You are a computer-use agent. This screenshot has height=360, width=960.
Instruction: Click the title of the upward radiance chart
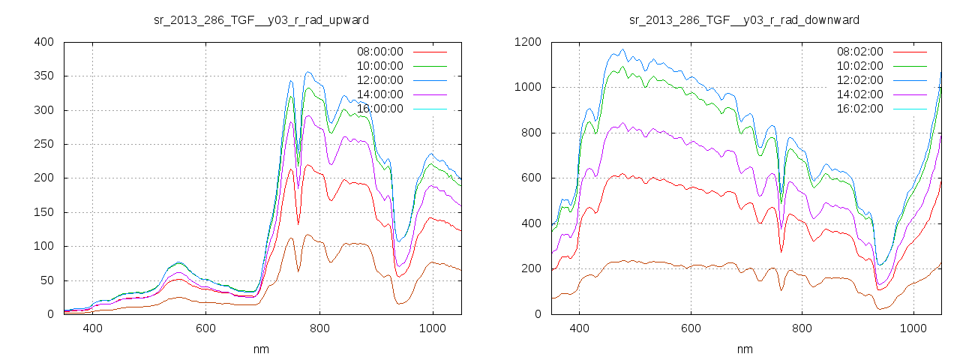pyautogui.click(x=261, y=19)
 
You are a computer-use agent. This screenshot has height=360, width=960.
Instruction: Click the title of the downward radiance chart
pyautogui.click(x=744, y=19)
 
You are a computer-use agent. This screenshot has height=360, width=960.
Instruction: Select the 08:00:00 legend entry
pyautogui.click(x=379, y=52)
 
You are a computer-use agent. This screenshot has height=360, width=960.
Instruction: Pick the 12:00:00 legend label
pyautogui.click(x=379, y=80)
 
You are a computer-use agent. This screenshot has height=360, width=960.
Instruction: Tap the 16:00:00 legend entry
pyautogui.click(x=379, y=109)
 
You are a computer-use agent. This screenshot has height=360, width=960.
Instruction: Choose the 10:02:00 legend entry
pyautogui.click(x=860, y=66)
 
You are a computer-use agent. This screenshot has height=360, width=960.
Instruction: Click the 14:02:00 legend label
pyautogui.click(x=860, y=94)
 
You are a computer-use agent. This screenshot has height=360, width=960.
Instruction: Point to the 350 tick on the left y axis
pyautogui.click(x=43, y=76)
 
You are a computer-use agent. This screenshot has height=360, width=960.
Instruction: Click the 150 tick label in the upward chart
pyautogui.click(x=43, y=212)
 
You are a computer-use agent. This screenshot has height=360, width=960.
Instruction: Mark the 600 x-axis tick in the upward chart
pyautogui.click(x=206, y=328)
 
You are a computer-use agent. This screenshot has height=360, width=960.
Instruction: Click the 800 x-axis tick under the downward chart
pyautogui.click(x=802, y=328)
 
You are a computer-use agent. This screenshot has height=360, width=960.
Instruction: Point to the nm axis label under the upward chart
pyautogui.click(x=262, y=349)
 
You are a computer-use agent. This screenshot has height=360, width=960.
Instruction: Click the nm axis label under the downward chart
pyautogui.click(x=745, y=349)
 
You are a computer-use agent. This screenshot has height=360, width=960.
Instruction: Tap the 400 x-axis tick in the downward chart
pyautogui.click(x=579, y=328)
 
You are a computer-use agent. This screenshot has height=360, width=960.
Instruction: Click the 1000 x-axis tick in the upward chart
pyautogui.click(x=433, y=328)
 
